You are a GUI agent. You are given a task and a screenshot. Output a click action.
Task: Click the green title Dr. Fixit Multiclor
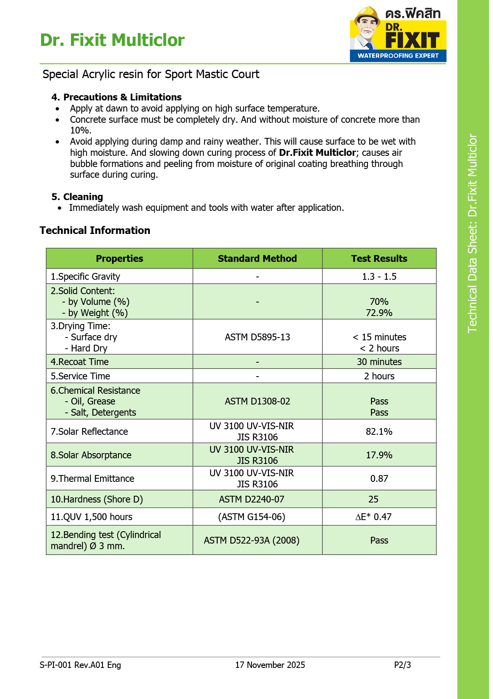(x=112, y=40)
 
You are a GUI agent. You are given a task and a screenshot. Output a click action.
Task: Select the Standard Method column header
(x=257, y=259)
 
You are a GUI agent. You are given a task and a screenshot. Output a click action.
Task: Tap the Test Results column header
(x=379, y=259)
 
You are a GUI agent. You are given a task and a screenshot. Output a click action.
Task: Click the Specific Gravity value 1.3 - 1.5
(x=379, y=277)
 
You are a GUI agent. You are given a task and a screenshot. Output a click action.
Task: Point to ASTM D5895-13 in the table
(x=257, y=337)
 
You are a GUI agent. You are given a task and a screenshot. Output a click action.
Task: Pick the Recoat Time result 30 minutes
(x=379, y=362)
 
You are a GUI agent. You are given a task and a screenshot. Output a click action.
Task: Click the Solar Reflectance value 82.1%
(x=379, y=432)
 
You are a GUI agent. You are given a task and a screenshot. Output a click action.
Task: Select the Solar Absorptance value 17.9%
(x=379, y=455)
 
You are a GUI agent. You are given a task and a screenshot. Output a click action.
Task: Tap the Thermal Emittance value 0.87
(x=379, y=479)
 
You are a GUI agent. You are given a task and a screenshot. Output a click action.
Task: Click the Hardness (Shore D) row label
(x=97, y=499)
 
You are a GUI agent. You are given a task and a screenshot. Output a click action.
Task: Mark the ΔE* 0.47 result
(x=373, y=517)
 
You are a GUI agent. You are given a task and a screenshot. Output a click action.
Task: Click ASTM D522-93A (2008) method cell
(x=251, y=540)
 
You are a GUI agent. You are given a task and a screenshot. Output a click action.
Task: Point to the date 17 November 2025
(x=270, y=665)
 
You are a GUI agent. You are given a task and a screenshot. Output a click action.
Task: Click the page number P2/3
(x=402, y=665)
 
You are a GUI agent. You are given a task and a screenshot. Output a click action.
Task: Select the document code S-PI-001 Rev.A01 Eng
(x=80, y=665)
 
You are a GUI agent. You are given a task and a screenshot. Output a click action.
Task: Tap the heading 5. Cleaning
(x=77, y=197)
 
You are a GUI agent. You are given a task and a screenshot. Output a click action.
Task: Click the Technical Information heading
(x=95, y=230)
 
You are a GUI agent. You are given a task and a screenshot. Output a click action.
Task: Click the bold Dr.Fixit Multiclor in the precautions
(x=317, y=153)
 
